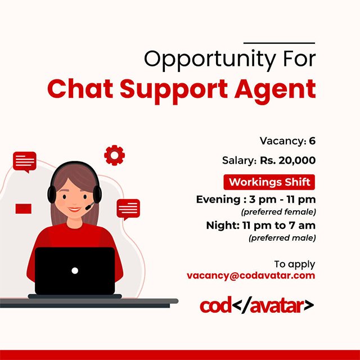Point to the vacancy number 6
[x=312, y=141]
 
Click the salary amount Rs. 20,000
[x=287, y=160]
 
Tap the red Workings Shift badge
[x=269, y=182]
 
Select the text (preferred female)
[x=278, y=211]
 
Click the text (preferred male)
[x=282, y=237]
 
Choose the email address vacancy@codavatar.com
[x=251, y=276]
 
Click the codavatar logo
[x=256, y=305]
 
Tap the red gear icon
[x=114, y=155]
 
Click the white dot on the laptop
[x=75, y=271]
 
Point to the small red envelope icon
[x=24, y=209]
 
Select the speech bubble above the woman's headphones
[x=25, y=162]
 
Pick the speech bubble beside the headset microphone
[x=128, y=209]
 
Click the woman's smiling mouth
[x=74, y=209]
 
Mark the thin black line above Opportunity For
[x=279, y=43]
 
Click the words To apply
[x=295, y=264]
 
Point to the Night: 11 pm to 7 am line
[x=261, y=226]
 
